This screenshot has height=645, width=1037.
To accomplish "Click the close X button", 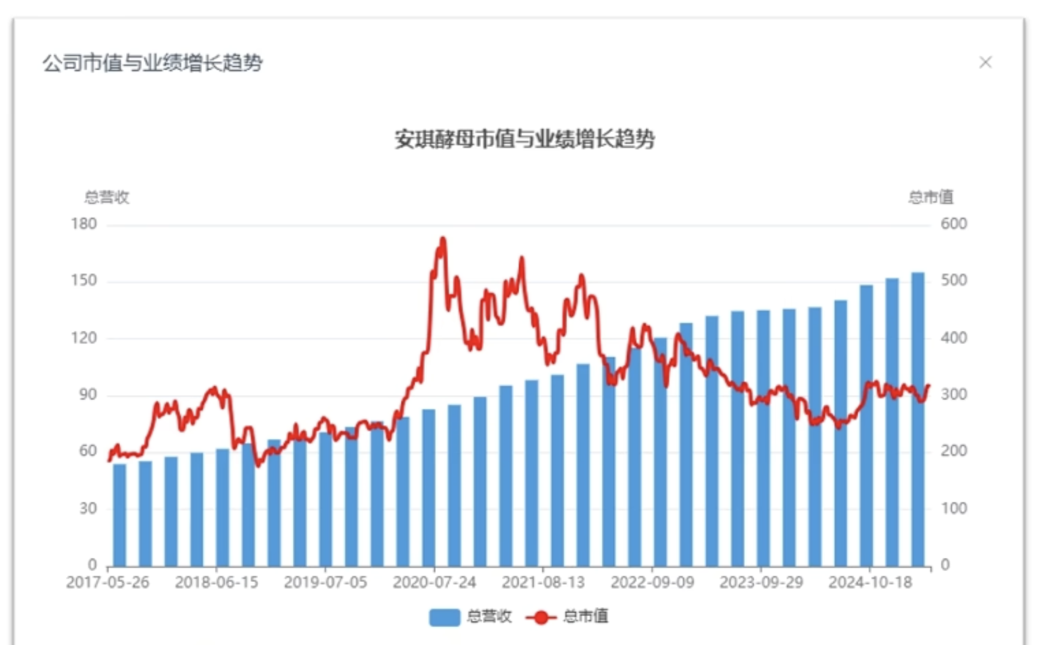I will (985, 62).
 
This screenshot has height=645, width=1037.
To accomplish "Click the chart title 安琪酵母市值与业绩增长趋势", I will (525, 139).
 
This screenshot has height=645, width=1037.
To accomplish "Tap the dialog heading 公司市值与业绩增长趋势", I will (152, 63).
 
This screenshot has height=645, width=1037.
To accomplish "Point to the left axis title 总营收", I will (107, 197).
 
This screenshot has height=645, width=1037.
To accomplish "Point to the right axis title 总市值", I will (930, 197).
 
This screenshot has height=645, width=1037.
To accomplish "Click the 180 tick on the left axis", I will (84, 224).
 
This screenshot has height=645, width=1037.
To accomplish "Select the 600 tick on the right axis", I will (954, 224).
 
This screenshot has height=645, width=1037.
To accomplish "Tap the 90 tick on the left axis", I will (88, 395).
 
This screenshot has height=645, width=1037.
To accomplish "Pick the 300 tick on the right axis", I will (954, 395).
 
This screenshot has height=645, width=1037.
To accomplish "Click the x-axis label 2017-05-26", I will (107, 583).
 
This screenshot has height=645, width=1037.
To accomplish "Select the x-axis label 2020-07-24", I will (434, 583).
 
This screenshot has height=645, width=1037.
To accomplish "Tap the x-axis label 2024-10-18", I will (870, 583).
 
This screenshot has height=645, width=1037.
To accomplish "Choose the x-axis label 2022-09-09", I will (652, 583).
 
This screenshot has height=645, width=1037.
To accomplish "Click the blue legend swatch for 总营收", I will (444, 617).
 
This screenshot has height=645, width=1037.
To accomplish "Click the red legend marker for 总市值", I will (541, 617).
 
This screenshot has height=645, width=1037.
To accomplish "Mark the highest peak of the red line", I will (443, 240).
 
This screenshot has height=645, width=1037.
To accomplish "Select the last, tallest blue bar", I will (918, 420).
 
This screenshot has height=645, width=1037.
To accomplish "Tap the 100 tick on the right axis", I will (954, 509).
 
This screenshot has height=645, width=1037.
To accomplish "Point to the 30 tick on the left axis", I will (88, 509).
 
